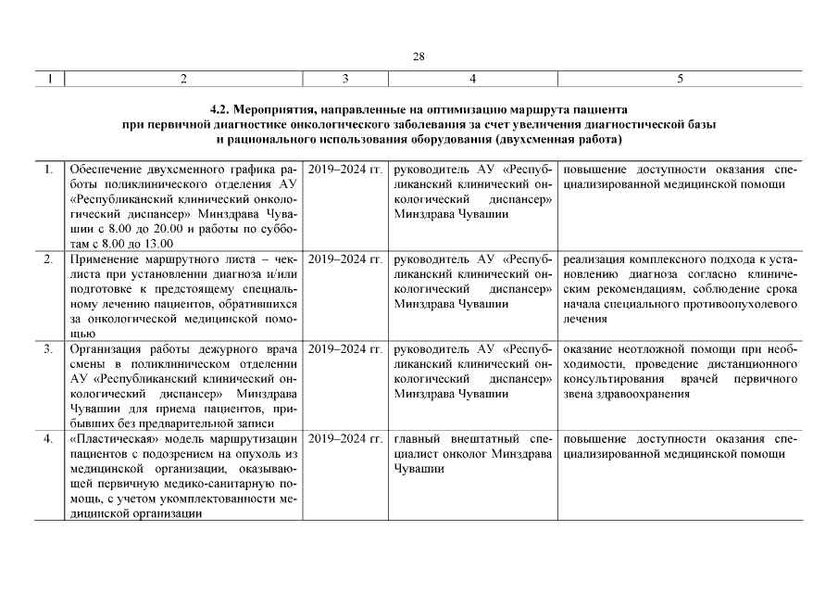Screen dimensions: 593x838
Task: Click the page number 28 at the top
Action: click(419, 57)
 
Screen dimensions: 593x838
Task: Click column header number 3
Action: click(345, 79)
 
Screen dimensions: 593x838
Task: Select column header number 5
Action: click(680, 79)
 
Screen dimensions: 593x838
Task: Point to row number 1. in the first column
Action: click(48, 170)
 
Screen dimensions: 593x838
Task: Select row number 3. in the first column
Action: click(48, 349)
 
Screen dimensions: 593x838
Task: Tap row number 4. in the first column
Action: click(48, 438)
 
